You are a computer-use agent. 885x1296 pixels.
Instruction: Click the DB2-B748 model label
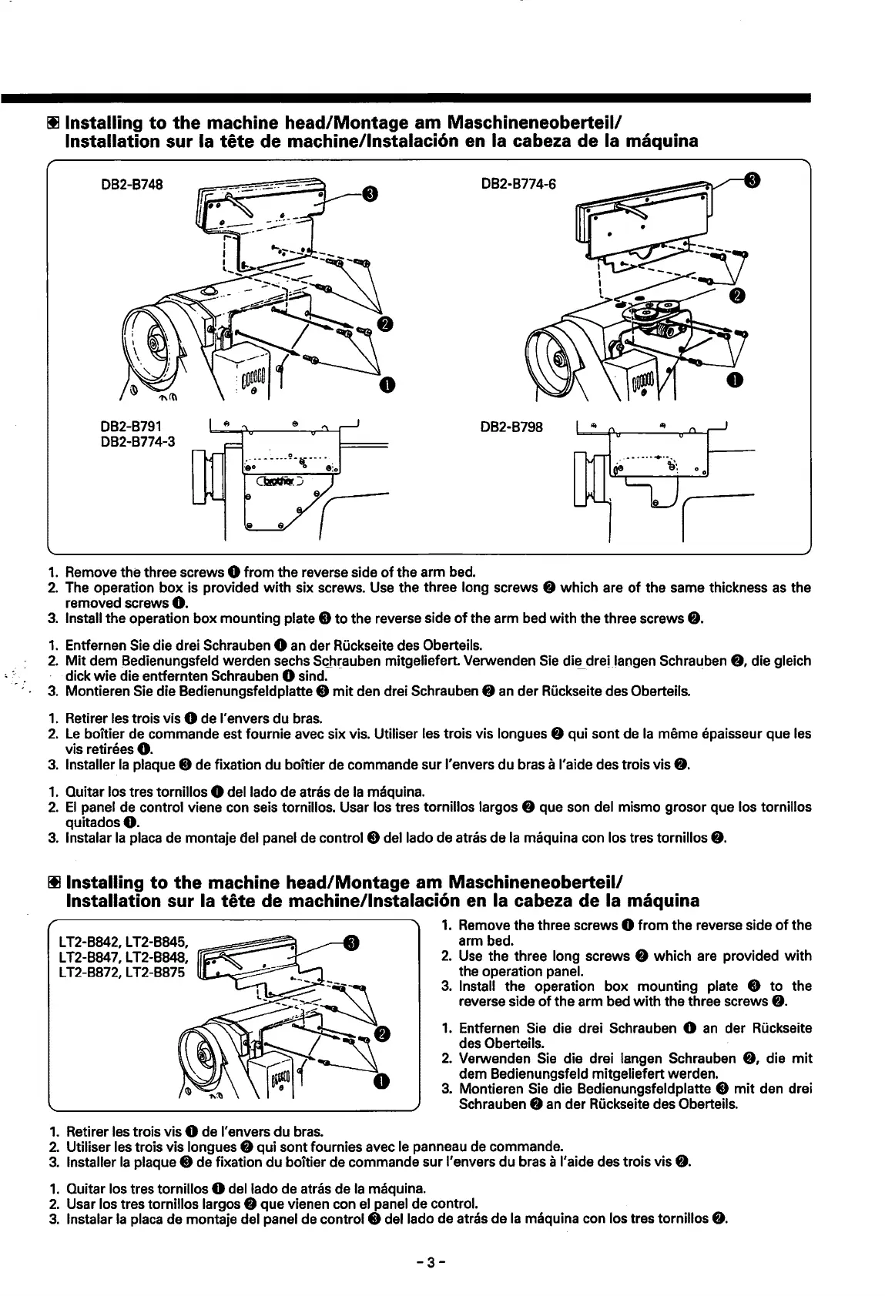coord(128,184)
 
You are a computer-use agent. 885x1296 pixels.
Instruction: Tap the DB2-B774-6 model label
coord(518,184)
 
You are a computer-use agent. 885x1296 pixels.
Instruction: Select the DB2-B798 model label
coord(512,427)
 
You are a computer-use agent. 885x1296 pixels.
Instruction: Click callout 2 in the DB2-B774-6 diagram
coord(735,296)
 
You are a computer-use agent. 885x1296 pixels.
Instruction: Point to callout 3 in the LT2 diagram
coord(350,943)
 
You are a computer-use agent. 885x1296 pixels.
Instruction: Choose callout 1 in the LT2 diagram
coord(380,1083)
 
